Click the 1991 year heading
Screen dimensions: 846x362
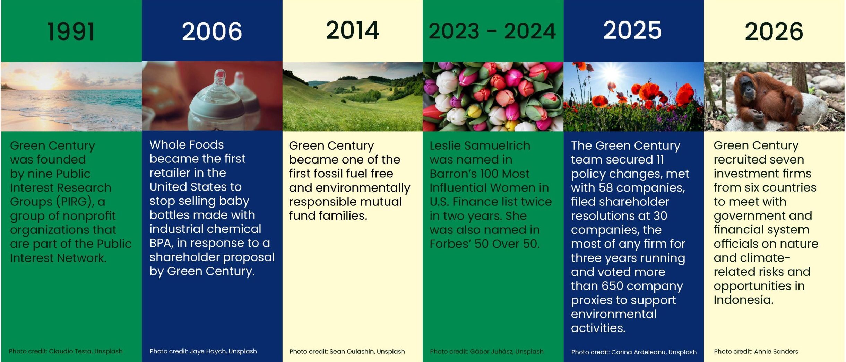pyautogui.click(x=71, y=32)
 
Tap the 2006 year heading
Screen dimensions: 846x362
pyautogui.click(x=212, y=31)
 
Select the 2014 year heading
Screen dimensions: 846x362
pyautogui.click(x=352, y=30)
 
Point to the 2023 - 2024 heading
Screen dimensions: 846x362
pyautogui.click(x=492, y=31)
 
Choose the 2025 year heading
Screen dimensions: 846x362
pyautogui.click(x=632, y=30)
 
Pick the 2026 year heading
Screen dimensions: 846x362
pyautogui.click(x=774, y=32)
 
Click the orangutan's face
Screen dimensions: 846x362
pyautogui.click(x=748, y=88)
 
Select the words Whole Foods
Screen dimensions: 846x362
pyautogui.click(x=187, y=144)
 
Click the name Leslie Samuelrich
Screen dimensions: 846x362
pyautogui.click(x=480, y=145)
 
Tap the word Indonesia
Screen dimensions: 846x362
pyautogui.click(x=743, y=300)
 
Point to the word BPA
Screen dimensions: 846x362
pyautogui.click(x=161, y=243)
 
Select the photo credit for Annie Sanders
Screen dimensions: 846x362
pyautogui.click(x=756, y=351)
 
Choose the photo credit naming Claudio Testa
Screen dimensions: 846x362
pyautogui.click(x=66, y=351)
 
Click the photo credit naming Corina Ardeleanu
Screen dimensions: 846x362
pyautogui.click(x=634, y=352)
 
